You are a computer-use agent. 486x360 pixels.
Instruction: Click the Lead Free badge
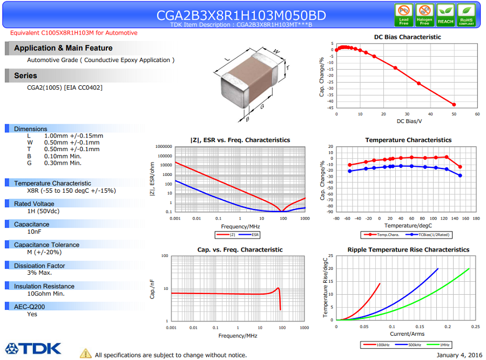click(404, 15)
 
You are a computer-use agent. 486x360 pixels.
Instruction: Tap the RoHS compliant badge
click(466, 15)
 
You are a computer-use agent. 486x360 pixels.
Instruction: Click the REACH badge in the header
click(446, 15)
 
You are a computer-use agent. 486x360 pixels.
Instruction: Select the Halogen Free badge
click(424, 15)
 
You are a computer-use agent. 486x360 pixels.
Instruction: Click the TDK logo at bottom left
click(33, 348)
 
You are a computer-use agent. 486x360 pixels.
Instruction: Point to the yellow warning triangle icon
click(86, 354)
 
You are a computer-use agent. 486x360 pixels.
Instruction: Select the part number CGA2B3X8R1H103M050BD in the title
click(241, 15)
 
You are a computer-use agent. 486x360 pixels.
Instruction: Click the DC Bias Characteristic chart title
click(407, 37)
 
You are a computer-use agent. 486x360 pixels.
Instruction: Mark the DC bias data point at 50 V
click(454, 105)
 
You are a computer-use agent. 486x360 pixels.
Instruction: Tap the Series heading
click(26, 76)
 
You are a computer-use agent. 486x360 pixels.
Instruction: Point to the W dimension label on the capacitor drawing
click(276, 52)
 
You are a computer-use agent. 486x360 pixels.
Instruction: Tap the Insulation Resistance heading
click(44, 286)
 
